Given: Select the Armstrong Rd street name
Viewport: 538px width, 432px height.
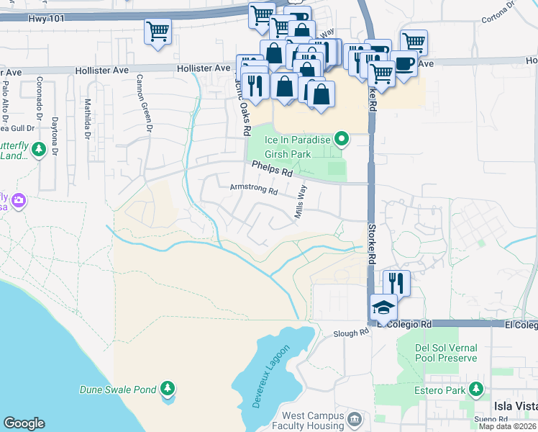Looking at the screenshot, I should click(x=253, y=189).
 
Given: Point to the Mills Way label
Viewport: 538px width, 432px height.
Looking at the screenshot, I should click(x=300, y=202).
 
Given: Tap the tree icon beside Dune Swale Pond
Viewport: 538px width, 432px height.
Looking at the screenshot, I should click(x=168, y=390).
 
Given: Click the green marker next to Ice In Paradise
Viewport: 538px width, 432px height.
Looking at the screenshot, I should click(x=342, y=139).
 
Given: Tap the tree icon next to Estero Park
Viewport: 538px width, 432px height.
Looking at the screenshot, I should click(x=475, y=390).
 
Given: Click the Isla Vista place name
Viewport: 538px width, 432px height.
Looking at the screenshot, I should click(x=514, y=407).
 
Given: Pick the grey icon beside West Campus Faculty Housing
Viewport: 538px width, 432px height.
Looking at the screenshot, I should click(x=354, y=419).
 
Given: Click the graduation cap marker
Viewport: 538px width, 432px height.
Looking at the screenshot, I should click(x=384, y=307).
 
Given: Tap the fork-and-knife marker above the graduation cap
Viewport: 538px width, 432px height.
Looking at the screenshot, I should click(x=396, y=282).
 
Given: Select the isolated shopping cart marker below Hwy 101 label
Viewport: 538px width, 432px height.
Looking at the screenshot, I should click(x=158, y=32).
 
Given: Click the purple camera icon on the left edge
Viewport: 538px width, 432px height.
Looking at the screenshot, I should click(x=18, y=199).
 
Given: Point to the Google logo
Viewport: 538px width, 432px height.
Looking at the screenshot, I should click(x=24, y=423).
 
